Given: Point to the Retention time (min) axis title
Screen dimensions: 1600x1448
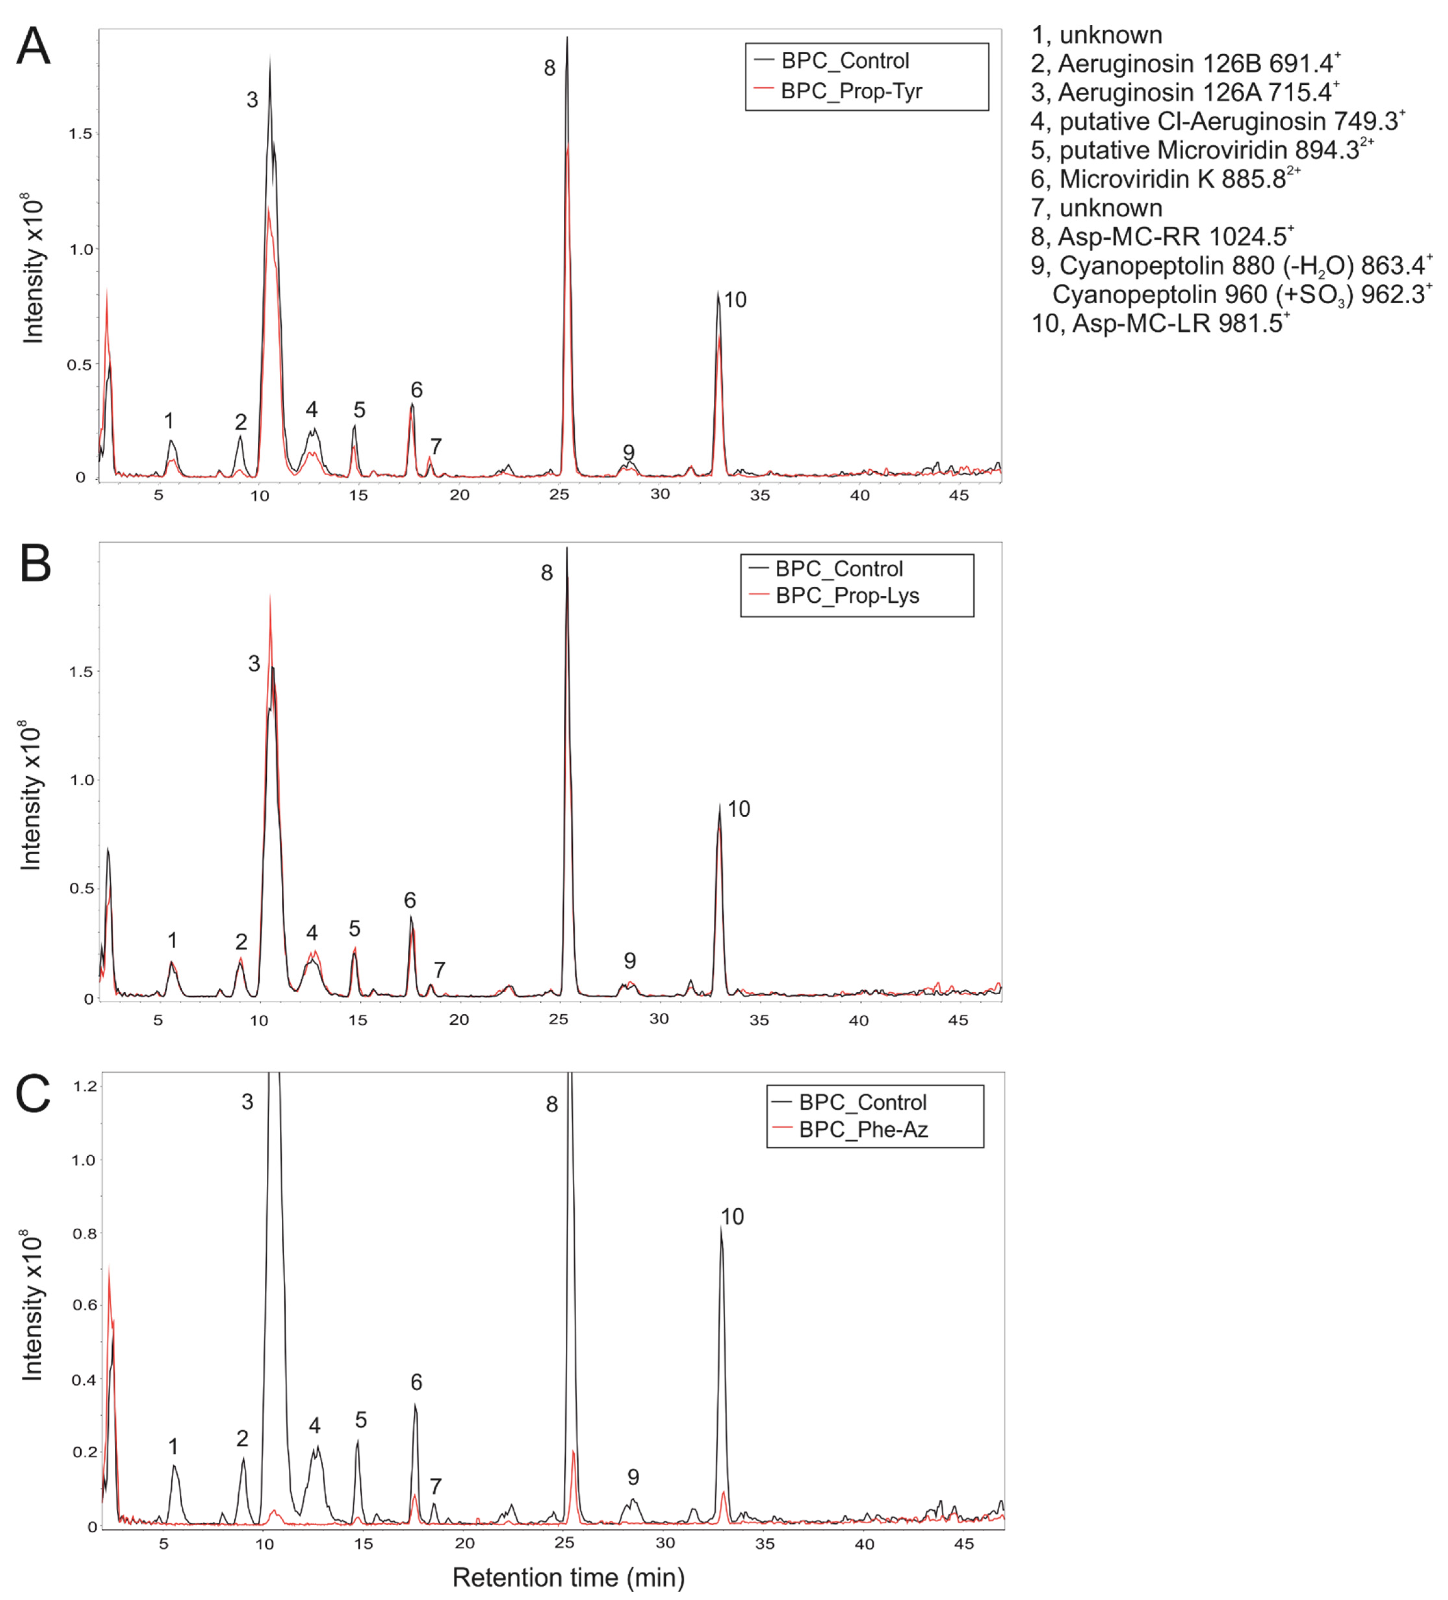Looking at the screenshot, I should tap(568, 1577).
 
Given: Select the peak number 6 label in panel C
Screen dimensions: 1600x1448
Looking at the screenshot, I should tap(416, 1382).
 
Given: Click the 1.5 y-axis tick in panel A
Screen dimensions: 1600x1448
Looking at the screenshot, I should tap(80, 134).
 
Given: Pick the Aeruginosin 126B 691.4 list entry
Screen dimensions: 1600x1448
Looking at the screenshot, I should tap(1185, 63).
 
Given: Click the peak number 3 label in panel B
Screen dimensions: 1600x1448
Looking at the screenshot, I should tap(254, 664).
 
